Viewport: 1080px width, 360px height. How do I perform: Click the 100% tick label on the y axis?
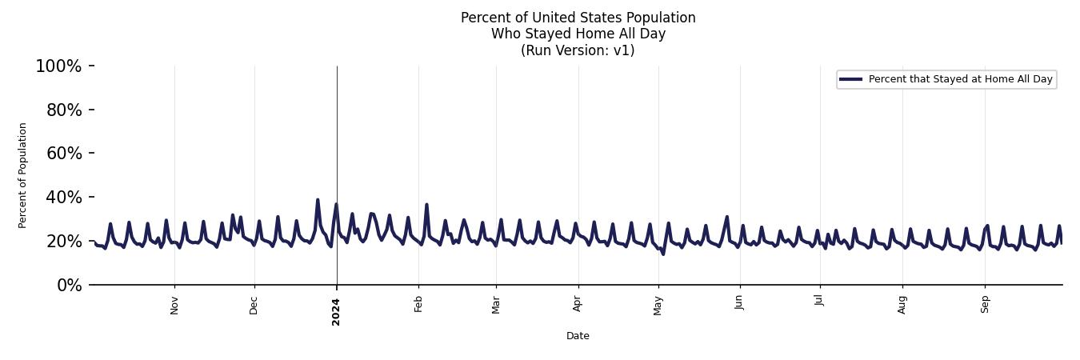[58, 66]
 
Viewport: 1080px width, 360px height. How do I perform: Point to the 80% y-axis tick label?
[64, 110]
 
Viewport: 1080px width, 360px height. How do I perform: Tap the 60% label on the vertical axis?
[64, 154]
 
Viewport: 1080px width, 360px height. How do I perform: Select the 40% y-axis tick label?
[64, 198]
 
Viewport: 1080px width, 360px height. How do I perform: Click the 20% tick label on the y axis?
[64, 242]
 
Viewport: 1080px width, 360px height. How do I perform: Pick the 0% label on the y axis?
[69, 286]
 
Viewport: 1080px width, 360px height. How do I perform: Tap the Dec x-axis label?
[254, 305]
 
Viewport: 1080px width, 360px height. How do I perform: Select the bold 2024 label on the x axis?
[336, 312]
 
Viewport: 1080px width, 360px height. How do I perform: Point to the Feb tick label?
[418, 304]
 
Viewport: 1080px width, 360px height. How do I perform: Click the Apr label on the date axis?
[578, 304]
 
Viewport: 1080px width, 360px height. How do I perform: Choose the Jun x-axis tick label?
[740, 304]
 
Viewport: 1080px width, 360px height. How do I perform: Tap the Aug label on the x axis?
[902, 305]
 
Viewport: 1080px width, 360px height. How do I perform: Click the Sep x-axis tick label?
[985, 304]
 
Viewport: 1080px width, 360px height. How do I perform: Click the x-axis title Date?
[578, 336]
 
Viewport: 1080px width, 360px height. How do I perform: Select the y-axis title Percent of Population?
[23, 175]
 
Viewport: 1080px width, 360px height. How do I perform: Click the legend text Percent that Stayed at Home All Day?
[960, 79]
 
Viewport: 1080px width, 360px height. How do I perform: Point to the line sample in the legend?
[851, 79]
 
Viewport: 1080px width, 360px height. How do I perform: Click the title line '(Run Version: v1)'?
[578, 50]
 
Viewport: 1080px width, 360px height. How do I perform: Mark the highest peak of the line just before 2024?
[318, 200]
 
